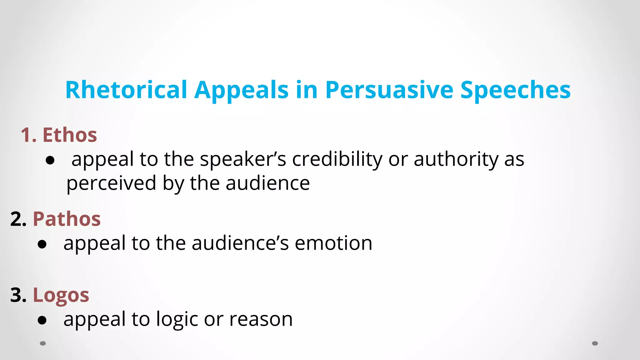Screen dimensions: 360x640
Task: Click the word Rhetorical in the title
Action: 126,90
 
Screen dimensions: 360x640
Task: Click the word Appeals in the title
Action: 241,90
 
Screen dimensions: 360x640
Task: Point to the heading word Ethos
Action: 70,135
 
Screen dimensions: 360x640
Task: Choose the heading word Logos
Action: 61,295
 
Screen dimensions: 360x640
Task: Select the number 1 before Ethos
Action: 26,135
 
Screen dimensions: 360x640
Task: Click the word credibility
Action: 337,159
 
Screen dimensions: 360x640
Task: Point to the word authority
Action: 456,159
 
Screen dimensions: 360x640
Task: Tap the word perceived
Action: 111,183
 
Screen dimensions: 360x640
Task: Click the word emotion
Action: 333,243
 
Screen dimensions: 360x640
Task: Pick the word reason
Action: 261,319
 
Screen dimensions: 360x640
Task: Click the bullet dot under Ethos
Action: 50,161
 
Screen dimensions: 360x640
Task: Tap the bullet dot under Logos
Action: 42,320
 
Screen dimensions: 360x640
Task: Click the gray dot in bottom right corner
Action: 595,343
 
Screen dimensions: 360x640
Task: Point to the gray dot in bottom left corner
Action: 43,343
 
